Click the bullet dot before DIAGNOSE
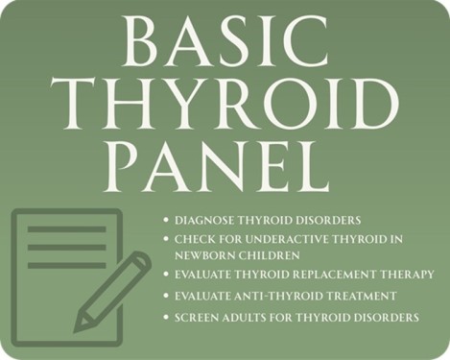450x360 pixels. [166, 220]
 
